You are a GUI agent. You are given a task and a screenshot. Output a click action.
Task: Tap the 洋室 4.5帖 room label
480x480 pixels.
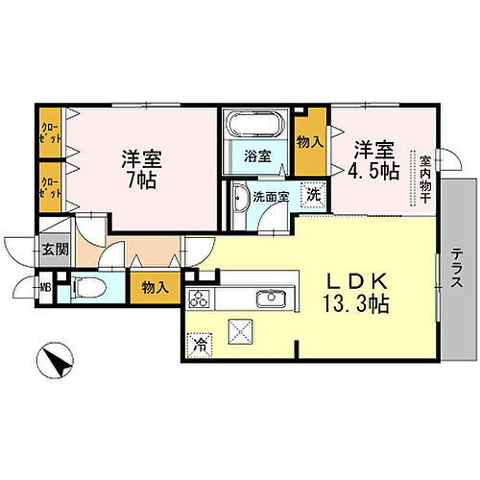coord(374,160)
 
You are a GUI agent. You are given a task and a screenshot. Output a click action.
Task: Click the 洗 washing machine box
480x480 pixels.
coord(313,193)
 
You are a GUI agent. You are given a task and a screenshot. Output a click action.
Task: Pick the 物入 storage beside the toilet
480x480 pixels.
coord(155,285)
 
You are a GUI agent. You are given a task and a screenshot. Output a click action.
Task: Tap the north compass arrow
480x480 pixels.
coord(57,362)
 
